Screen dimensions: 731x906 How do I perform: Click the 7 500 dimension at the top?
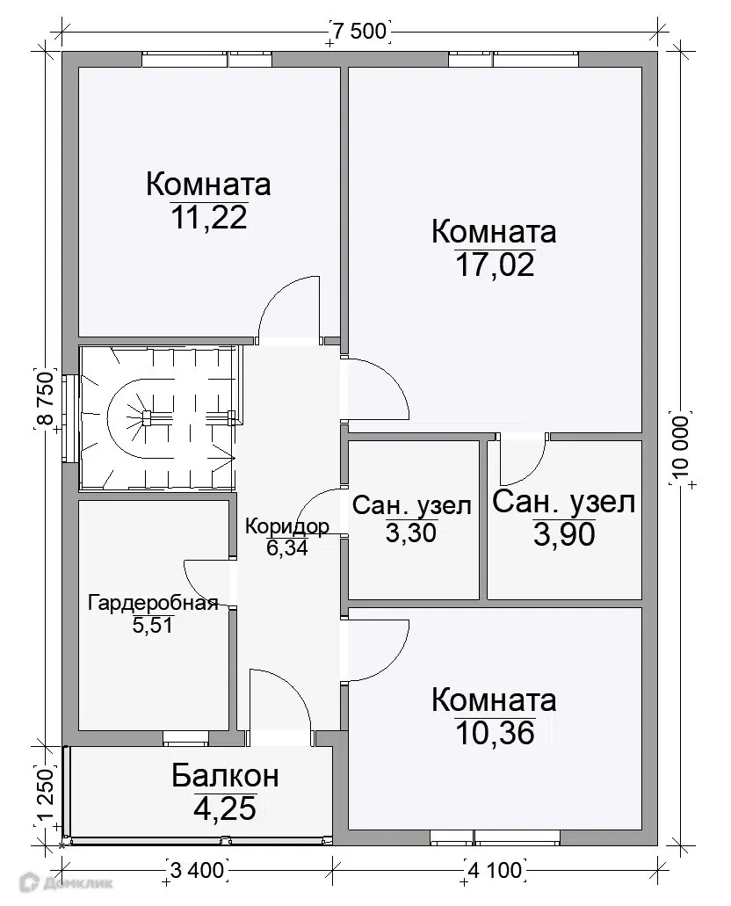coord(359,31)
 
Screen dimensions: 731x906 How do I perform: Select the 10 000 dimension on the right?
coord(681,447)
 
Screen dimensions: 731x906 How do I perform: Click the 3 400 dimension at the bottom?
coord(197,869)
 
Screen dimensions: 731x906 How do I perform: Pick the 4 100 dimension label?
coord(495,869)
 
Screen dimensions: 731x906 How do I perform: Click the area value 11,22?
coord(209,218)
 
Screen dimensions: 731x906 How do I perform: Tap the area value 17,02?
coord(495,265)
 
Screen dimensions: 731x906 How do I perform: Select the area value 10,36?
coord(495,733)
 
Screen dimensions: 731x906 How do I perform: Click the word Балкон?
coord(225,775)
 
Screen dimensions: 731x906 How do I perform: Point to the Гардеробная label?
coord(153,603)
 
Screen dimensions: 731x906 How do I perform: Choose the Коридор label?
coord(287,525)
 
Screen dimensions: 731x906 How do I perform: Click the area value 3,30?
coord(411,533)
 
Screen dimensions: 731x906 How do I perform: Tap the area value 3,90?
coord(564,534)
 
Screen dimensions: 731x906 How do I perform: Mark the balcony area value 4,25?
coord(225,808)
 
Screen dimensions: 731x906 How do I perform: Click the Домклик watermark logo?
coord(66,883)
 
